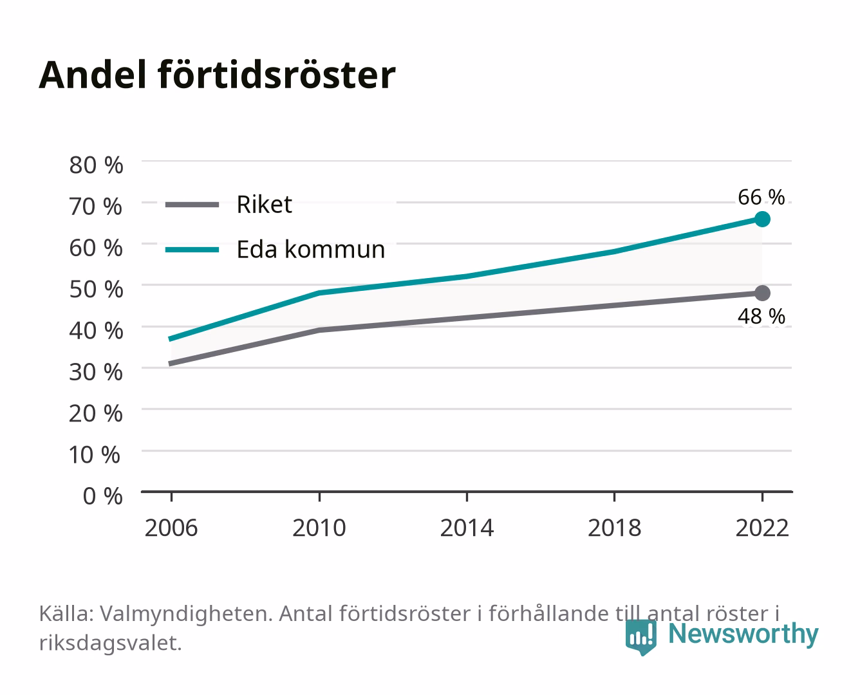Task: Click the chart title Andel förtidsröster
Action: [217, 75]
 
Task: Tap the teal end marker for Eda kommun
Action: [762, 219]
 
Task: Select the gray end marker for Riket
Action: [762, 293]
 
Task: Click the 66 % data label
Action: [761, 198]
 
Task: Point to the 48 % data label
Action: [761, 316]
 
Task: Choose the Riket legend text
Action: [264, 205]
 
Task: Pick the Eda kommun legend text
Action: [310, 250]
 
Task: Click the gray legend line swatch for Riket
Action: [192, 205]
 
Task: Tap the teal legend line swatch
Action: [192, 250]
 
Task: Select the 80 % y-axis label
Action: [96, 165]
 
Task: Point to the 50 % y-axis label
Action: [96, 290]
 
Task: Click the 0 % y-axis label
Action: [102, 496]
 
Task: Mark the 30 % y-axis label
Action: [96, 372]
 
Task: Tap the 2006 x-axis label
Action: [171, 528]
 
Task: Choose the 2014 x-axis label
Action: [467, 528]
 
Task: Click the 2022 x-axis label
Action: [762, 528]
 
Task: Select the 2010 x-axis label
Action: [319, 528]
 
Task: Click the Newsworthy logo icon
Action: [641, 637]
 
